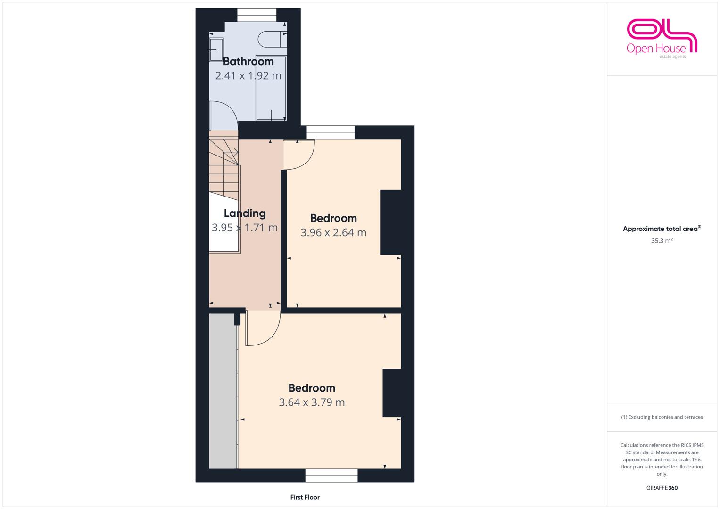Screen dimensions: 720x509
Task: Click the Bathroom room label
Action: (x=248, y=61)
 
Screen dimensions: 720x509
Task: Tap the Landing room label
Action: (x=245, y=213)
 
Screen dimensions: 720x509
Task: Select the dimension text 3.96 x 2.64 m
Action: (x=333, y=232)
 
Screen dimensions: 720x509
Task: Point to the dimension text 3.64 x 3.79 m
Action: (x=312, y=402)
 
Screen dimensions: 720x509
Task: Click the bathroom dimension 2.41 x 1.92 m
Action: (x=248, y=76)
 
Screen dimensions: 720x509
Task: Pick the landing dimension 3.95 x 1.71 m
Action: (x=245, y=228)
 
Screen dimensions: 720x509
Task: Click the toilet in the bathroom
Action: (x=272, y=39)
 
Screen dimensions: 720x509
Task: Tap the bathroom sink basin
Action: (x=216, y=50)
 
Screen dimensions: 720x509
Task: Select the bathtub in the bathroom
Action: (x=271, y=89)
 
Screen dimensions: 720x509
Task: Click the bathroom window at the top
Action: (x=257, y=15)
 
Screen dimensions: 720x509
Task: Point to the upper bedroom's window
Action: (x=331, y=132)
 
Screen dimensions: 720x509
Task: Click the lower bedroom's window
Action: (x=331, y=476)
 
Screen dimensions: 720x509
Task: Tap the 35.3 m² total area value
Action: (x=662, y=241)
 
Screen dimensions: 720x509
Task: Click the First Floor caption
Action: (x=305, y=497)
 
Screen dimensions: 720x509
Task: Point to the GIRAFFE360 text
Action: (x=662, y=488)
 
